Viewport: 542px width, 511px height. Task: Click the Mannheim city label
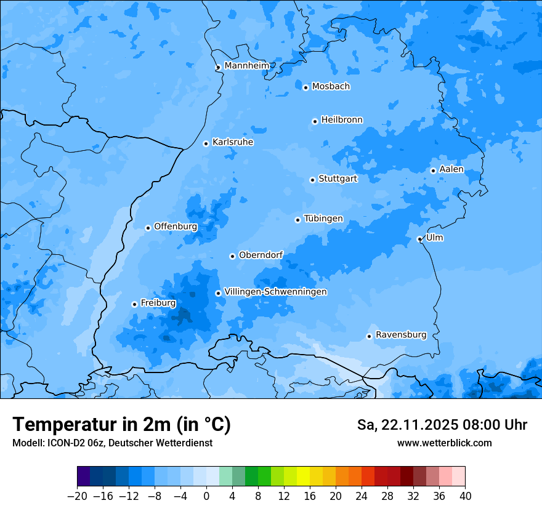(x=246, y=66)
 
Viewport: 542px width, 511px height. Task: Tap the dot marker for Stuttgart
(x=312, y=180)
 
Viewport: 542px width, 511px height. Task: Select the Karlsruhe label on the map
(x=233, y=142)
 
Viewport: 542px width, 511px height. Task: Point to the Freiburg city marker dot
(x=134, y=304)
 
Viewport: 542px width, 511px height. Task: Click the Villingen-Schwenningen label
(x=275, y=292)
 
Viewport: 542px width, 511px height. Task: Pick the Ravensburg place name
(x=401, y=335)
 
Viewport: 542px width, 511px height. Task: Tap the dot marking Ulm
(x=419, y=239)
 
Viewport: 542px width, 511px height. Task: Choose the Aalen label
(x=451, y=169)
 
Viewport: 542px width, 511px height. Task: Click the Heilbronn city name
(x=342, y=120)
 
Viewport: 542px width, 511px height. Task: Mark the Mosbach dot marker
(x=305, y=87)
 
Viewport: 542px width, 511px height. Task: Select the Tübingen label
(x=323, y=219)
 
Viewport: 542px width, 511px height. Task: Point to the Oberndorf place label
(x=261, y=255)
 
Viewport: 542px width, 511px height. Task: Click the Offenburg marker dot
(x=148, y=228)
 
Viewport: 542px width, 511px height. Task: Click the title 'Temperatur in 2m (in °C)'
(x=121, y=425)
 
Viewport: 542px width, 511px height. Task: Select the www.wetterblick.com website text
(x=444, y=443)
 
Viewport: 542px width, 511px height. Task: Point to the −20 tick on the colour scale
(x=77, y=496)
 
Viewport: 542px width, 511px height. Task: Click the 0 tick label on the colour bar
(x=206, y=496)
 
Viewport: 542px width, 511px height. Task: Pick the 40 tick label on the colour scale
(x=465, y=496)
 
